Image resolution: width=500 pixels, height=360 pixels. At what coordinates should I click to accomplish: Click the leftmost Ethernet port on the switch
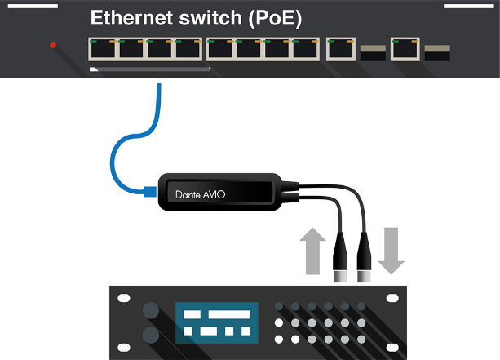[x=103, y=50]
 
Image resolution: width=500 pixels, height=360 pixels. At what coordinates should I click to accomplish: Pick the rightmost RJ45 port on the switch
[x=405, y=50]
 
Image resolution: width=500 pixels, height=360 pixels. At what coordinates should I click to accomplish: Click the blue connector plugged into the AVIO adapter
[x=149, y=193]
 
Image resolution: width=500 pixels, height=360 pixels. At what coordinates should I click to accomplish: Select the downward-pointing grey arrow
[x=392, y=250]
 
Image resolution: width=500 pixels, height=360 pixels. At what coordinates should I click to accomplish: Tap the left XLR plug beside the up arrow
[x=342, y=254]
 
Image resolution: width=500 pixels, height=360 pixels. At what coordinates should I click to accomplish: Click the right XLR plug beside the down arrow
[x=365, y=254]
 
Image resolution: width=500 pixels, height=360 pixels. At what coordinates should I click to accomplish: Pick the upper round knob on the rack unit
[x=150, y=311]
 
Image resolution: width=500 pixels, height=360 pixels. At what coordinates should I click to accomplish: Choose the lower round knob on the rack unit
[x=150, y=335]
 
